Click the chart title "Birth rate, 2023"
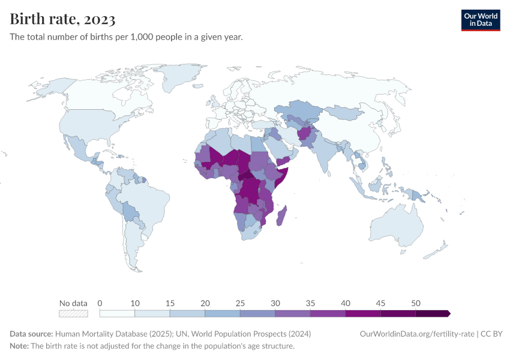[62, 19]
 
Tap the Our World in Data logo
[480, 20]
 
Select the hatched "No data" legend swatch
[73, 313]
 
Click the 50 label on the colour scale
[415, 303]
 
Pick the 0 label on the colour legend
[100, 303]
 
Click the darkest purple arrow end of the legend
[448, 313]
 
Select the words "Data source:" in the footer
[31, 334]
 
